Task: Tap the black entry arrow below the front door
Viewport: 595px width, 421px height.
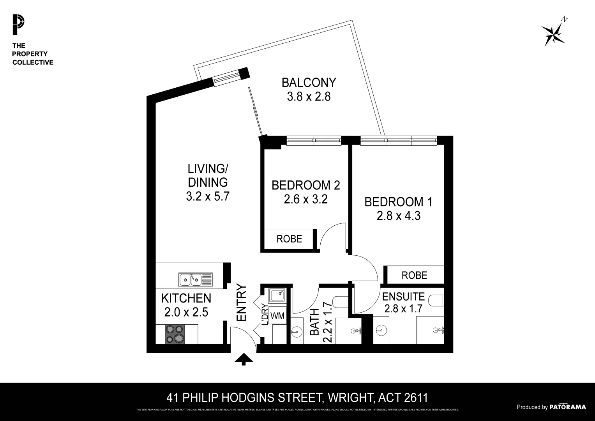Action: coord(244,359)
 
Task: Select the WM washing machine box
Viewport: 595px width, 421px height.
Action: coord(277,315)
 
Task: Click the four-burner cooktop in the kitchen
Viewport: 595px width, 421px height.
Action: coord(174,334)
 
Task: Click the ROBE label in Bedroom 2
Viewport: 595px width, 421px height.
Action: coord(289,239)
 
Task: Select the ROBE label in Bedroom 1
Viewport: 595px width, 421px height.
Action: coord(414,275)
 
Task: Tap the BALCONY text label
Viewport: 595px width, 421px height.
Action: coord(309,83)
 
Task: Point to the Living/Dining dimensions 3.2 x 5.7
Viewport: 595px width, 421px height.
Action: coord(208,196)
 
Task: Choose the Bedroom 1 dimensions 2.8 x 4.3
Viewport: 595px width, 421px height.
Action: coord(398,216)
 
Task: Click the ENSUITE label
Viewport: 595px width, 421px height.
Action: coord(403,297)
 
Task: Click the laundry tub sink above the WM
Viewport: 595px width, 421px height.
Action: coord(277,296)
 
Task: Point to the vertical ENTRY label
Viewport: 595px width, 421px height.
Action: coord(242,302)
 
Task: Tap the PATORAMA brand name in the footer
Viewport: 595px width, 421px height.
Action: coord(567,407)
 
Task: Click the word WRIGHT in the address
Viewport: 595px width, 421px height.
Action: coord(349,398)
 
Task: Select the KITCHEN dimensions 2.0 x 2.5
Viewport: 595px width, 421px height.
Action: coord(186,312)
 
